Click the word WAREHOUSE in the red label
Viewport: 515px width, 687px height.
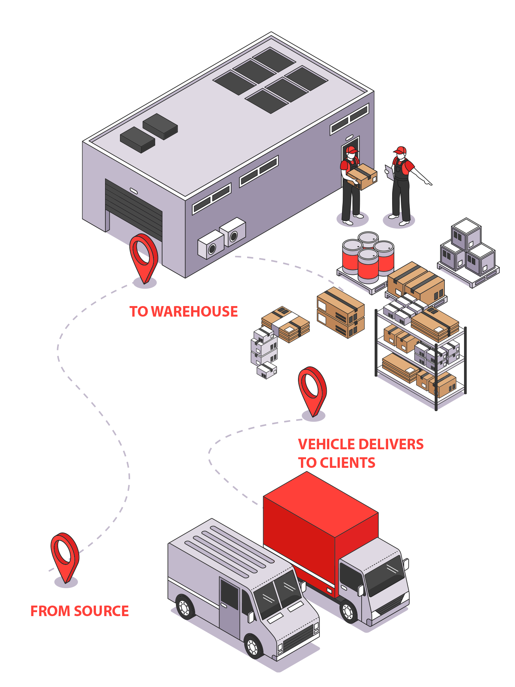pos(194,312)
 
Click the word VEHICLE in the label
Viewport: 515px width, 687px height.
pos(326,444)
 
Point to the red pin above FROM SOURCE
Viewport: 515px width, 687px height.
pos(65,554)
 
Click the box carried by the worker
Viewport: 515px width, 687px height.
pos(362,176)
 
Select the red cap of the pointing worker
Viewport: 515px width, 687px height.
pos(401,150)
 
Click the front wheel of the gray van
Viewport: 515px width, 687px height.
pos(252,646)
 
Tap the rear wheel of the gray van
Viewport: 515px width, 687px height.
pos(185,607)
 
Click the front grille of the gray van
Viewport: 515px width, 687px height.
pos(298,640)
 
